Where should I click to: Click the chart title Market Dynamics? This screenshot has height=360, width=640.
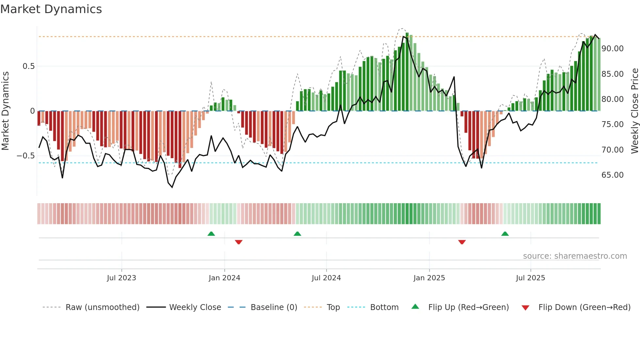tap(51, 9)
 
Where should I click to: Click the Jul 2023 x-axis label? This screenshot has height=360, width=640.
tap(121, 278)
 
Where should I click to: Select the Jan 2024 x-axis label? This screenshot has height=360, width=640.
tap(224, 278)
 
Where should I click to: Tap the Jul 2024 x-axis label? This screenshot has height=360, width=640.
tap(326, 278)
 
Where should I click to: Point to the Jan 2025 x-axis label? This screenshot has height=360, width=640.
tap(429, 278)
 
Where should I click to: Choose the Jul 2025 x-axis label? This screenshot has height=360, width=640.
tap(530, 278)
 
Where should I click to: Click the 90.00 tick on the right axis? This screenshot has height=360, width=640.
tap(613, 49)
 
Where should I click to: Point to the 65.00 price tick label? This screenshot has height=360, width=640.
tap(613, 175)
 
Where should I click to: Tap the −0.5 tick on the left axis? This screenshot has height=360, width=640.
tap(26, 156)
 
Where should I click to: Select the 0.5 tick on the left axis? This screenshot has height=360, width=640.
tap(28, 66)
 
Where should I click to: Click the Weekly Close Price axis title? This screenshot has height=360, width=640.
tap(634, 111)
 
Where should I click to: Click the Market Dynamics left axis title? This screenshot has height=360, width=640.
tap(5, 111)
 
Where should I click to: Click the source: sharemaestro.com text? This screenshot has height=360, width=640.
tap(575, 256)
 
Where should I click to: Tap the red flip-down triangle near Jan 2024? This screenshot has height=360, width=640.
tap(239, 242)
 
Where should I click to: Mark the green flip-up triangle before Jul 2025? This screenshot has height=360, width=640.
tap(505, 234)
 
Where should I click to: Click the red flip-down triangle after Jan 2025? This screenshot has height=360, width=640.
tap(462, 242)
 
